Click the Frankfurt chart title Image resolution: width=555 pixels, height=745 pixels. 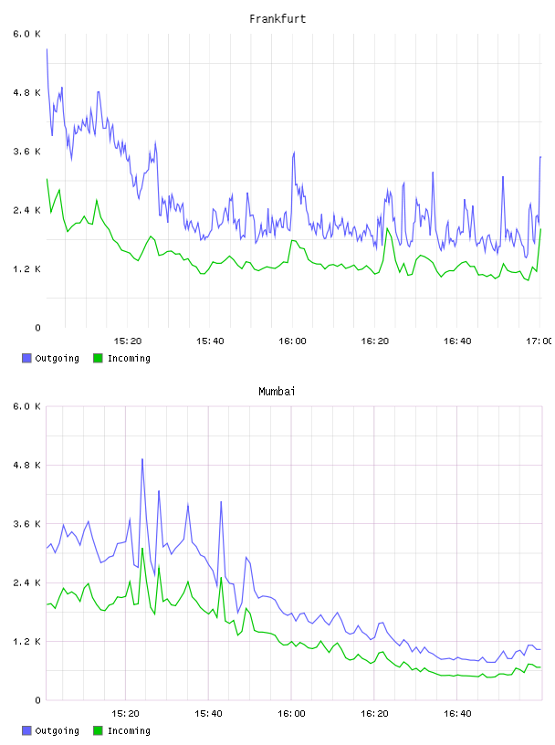pos(277,19)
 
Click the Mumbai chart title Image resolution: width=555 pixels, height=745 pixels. pos(277,392)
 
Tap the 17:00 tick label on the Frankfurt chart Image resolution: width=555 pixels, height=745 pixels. pos(539,341)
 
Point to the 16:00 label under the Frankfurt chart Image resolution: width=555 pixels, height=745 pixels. pos(292,341)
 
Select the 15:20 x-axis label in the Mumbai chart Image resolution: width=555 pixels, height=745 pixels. pos(125,714)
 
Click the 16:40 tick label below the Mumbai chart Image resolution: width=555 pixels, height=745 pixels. pos(457,714)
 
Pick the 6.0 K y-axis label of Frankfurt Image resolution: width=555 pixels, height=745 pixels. pos(26,34)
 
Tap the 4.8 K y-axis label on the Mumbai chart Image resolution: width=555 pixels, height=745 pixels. pos(26,465)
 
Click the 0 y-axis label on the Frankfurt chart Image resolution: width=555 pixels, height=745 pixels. pos(37,328)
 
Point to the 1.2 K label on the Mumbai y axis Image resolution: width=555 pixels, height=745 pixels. pos(26,642)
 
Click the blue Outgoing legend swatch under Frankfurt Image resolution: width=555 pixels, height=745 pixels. pos(26,358)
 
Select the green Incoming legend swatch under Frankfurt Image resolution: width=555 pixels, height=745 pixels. pos(98,358)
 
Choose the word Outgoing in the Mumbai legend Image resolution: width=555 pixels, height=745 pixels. pos(57,730)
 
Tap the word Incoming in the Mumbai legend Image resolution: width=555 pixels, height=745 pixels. pos(129,730)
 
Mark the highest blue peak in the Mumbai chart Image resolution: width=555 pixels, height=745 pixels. pos(142,459)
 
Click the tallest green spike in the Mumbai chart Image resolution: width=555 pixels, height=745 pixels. pos(142,549)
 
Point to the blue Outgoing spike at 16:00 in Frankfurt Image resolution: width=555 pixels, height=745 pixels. pos(294,152)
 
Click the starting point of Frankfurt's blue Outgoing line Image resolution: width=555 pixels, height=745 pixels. pos(47,49)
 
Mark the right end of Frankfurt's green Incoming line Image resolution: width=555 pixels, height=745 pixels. pos(540,229)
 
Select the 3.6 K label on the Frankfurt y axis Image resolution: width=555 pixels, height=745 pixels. pos(26,152)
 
